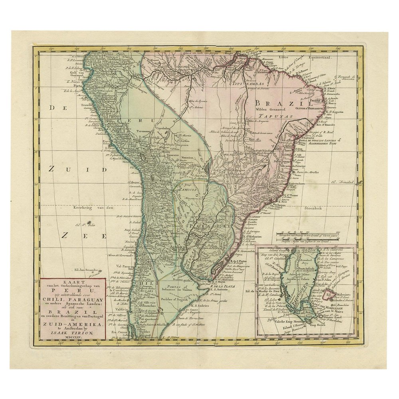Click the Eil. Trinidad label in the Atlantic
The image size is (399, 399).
(343, 182)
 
